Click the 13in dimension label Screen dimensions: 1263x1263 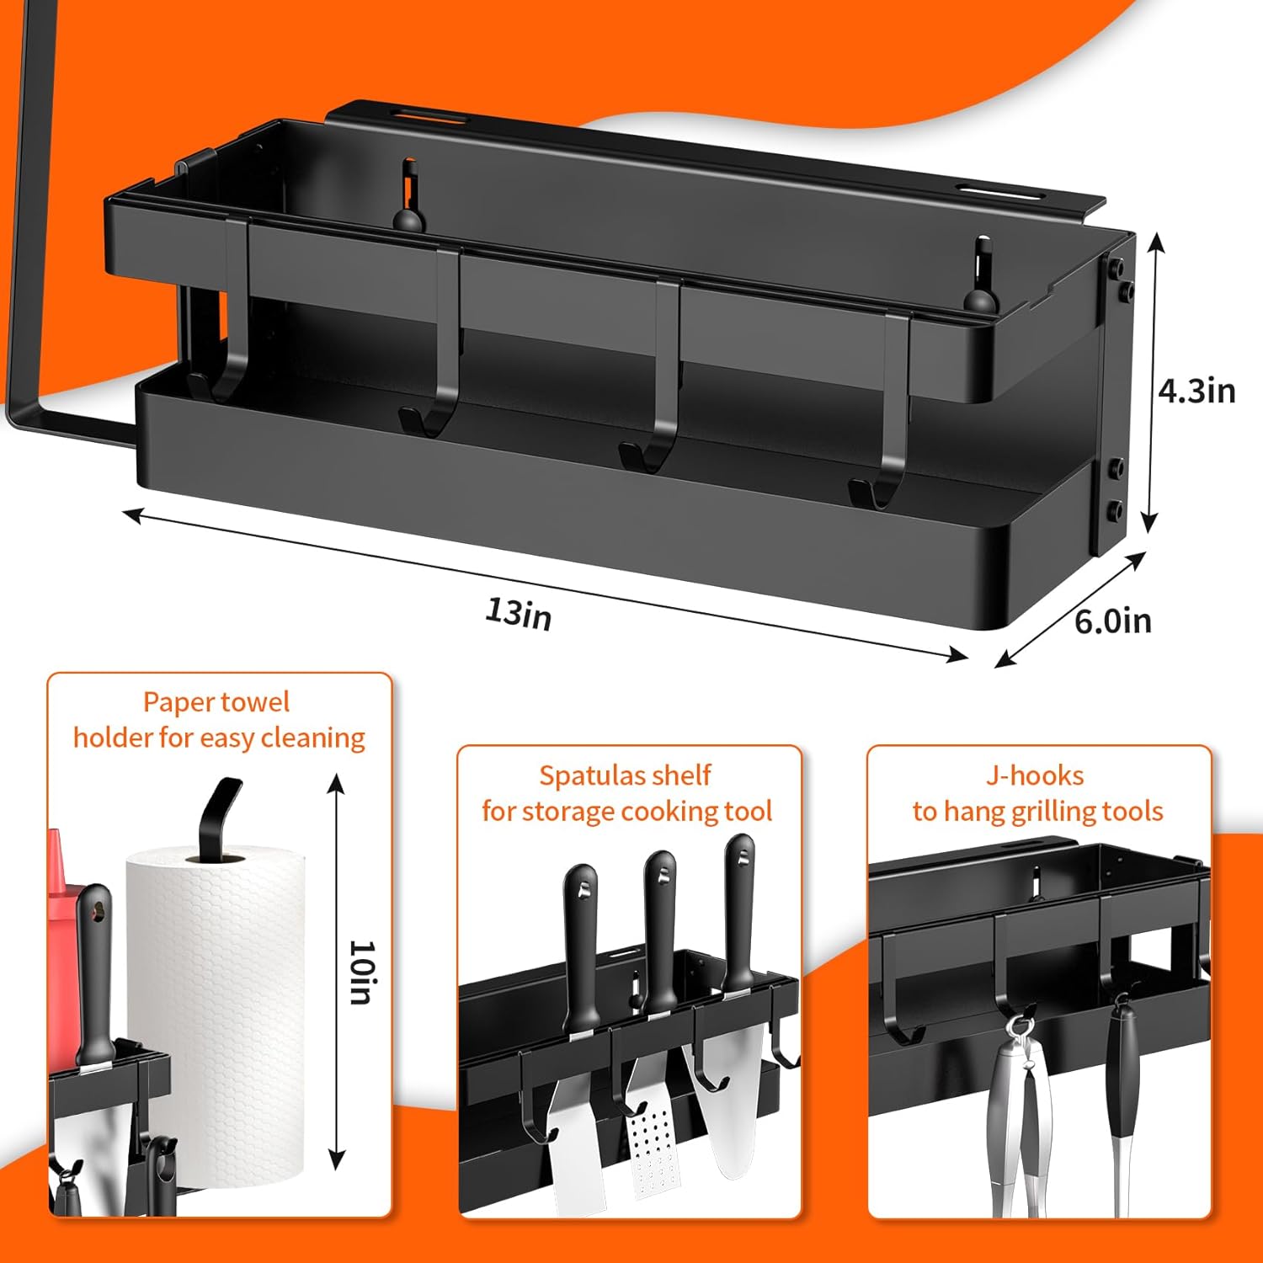(x=519, y=613)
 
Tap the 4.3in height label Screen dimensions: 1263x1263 (x=1196, y=390)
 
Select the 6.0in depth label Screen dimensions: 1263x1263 (x=1113, y=621)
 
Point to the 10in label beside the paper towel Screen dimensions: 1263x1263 (x=362, y=973)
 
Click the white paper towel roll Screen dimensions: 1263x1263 (x=216, y=1019)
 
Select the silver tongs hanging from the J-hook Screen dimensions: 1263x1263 (x=1019, y=1111)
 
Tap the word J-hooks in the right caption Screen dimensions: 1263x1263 (x=1035, y=775)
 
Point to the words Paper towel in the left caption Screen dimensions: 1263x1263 (x=216, y=702)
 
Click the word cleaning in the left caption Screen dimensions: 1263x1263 (x=313, y=738)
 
